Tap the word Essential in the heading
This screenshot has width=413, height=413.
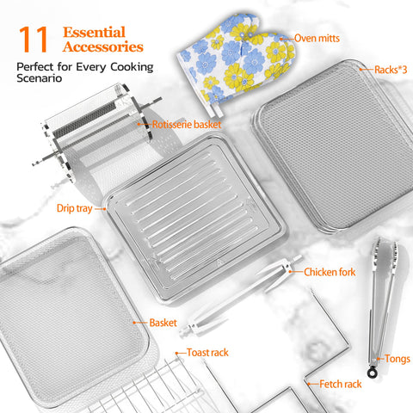point(94,32)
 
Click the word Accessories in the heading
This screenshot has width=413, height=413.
point(103,46)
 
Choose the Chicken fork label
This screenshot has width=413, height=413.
point(330,272)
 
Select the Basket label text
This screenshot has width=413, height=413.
point(163,323)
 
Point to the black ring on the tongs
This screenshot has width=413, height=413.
point(373,373)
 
